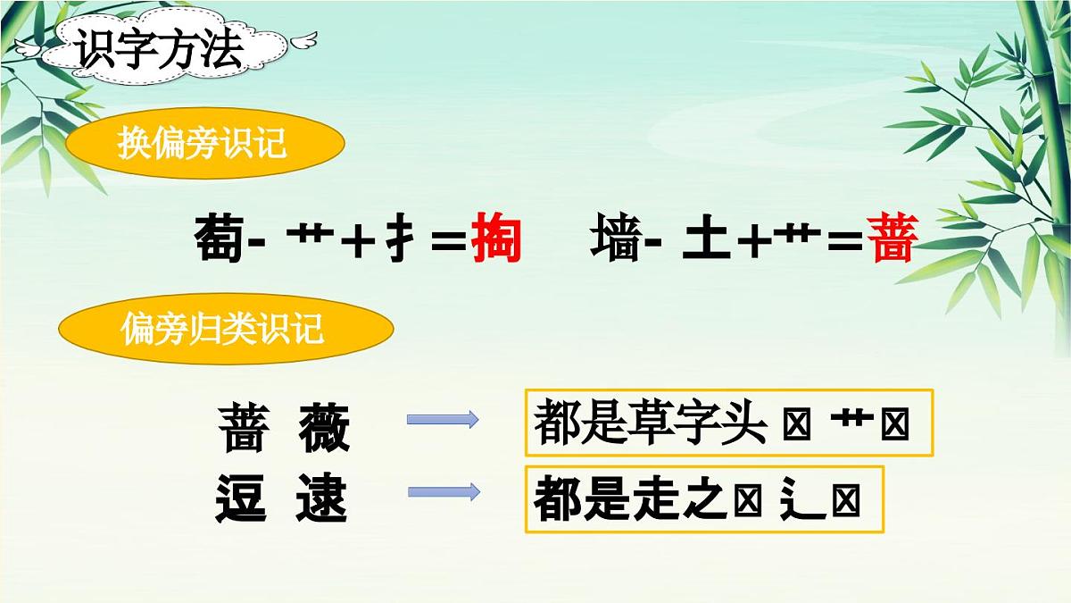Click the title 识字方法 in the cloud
tap(160, 51)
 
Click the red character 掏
tap(496, 239)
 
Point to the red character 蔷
tap(892, 239)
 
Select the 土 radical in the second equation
tap(705, 239)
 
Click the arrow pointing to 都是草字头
tap(443, 420)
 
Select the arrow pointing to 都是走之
tap(443, 491)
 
